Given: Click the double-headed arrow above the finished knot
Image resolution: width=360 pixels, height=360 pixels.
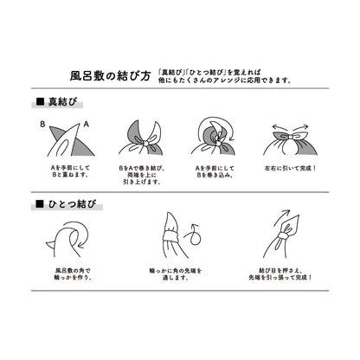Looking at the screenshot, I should tap(295, 126).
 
